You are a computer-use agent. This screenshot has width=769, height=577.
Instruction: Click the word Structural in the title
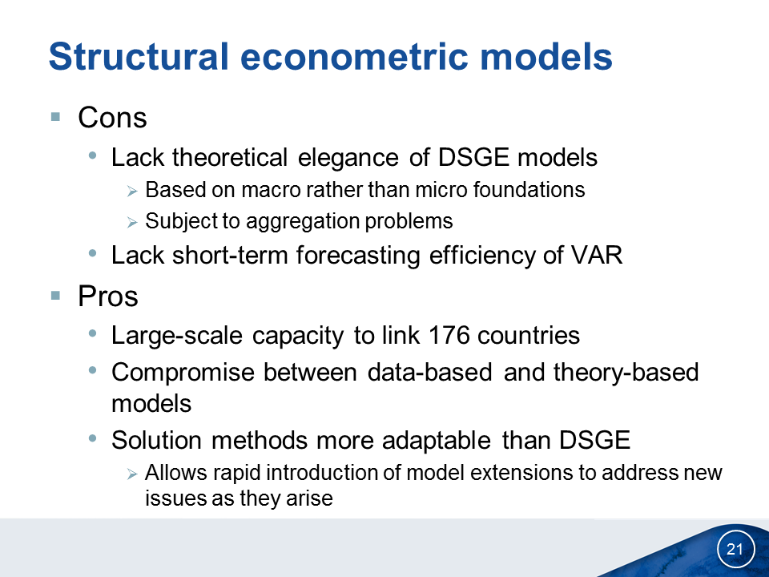139,56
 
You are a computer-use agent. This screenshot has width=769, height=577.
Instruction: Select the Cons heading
112,118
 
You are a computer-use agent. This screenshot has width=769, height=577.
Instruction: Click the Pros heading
108,297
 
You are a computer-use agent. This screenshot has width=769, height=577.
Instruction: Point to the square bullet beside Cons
55,117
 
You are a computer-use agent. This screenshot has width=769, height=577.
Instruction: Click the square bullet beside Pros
55,296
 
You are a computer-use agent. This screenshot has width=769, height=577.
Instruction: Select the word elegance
348,158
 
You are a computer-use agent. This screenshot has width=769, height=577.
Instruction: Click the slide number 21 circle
735,548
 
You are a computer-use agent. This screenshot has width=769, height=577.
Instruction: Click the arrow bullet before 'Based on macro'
132,192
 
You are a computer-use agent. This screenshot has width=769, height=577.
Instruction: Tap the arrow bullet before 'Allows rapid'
132,474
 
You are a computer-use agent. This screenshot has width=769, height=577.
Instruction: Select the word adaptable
437,440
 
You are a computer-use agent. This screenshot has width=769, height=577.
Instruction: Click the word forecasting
358,256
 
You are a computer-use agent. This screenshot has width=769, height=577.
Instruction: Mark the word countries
529,336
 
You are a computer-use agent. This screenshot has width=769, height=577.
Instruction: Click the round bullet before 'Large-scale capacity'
92,333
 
